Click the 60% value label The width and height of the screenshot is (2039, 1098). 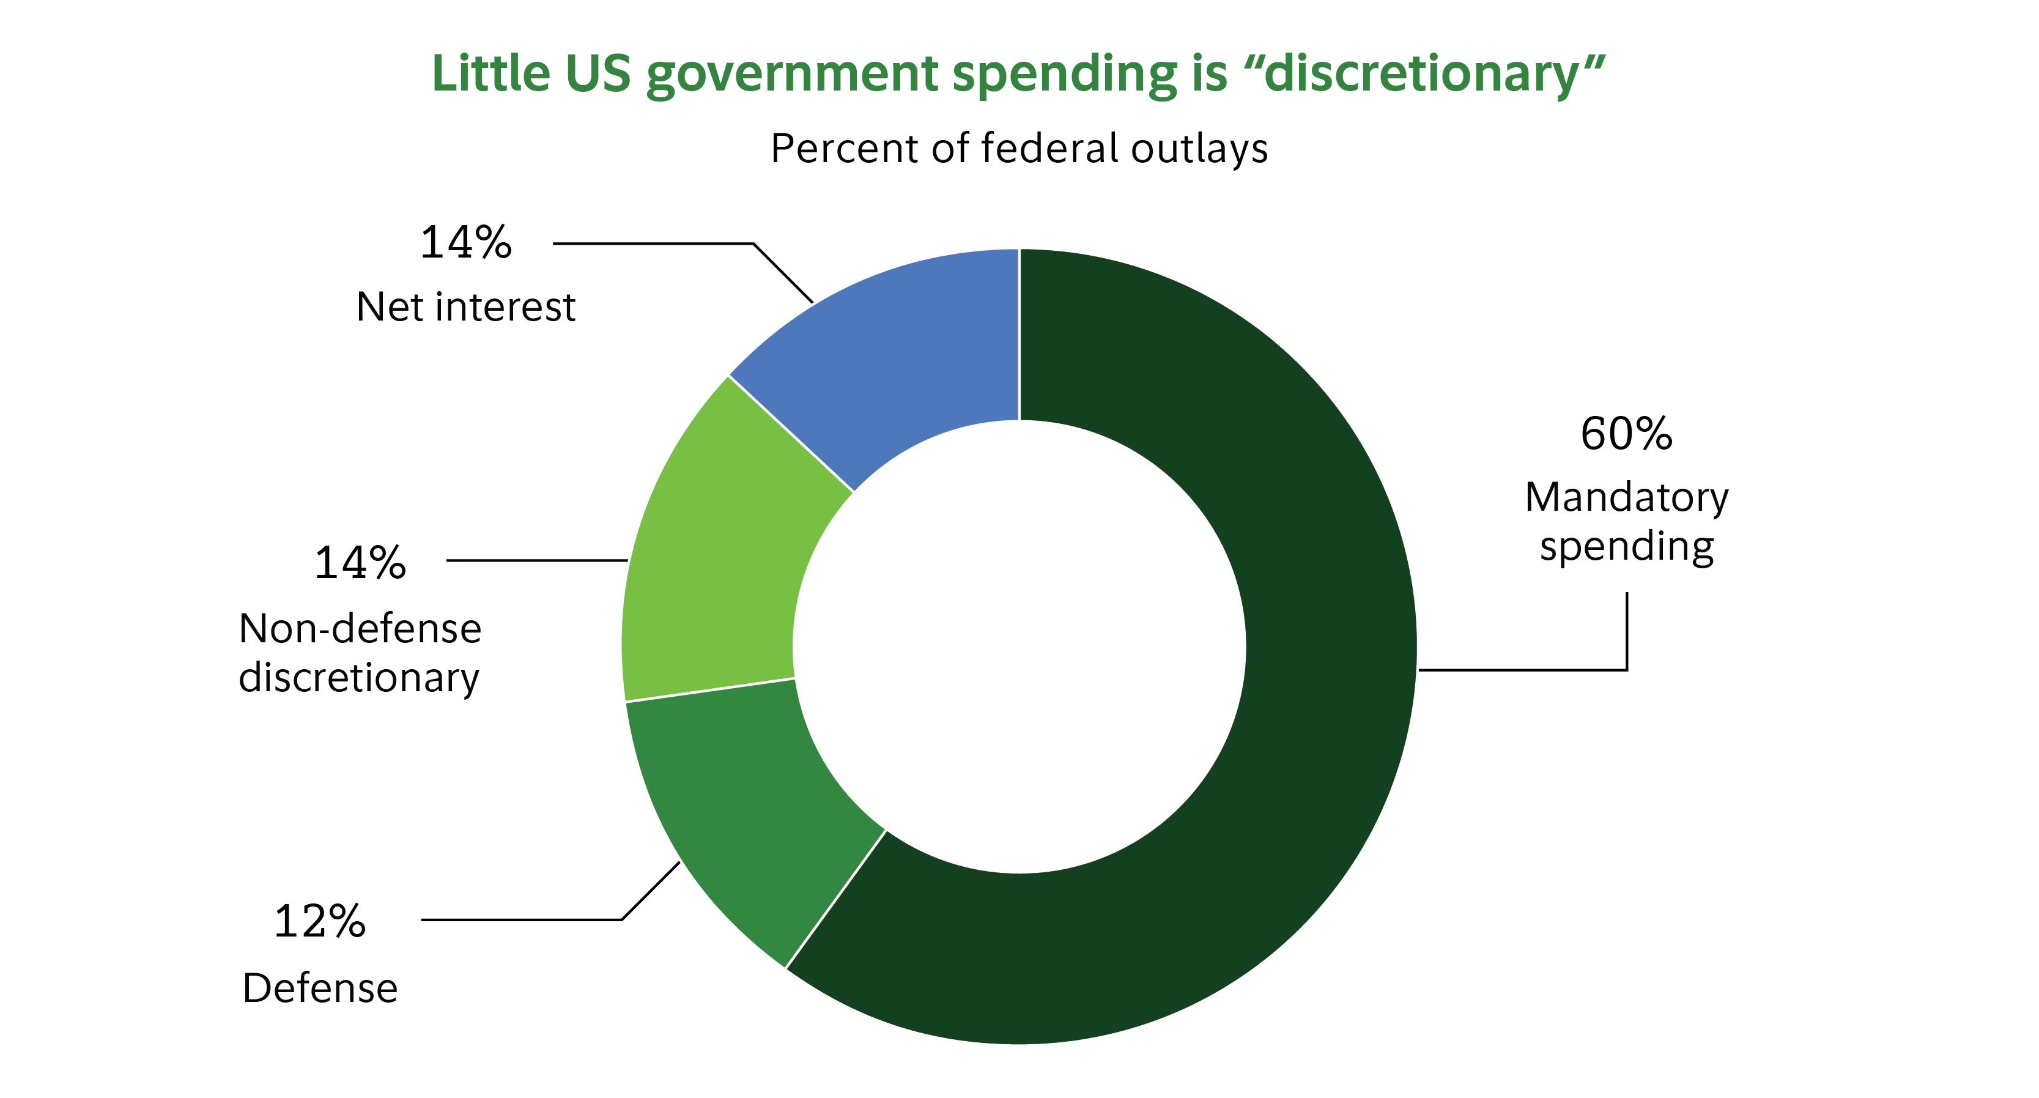click(x=1627, y=434)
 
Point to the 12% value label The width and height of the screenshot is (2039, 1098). click(x=320, y=921)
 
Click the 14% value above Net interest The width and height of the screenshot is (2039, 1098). click(x=465, y=242)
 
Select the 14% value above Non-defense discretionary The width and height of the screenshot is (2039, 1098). click(x=360, y=563)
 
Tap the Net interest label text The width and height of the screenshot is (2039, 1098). click(x=465, y=307)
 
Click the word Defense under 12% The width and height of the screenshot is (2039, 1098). click(x=320, y=988)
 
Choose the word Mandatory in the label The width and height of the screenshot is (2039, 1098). click(x=1627, y=498)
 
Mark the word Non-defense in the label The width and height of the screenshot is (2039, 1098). click(x=360, y=629)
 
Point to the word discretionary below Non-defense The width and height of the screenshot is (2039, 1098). click(x=358, y=678)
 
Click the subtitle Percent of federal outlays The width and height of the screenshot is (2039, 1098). click(x=1019, y=149)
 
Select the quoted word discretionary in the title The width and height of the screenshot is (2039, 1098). click(x=1425, y=75)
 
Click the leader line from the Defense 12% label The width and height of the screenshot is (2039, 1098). click(x=522, y=920)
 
